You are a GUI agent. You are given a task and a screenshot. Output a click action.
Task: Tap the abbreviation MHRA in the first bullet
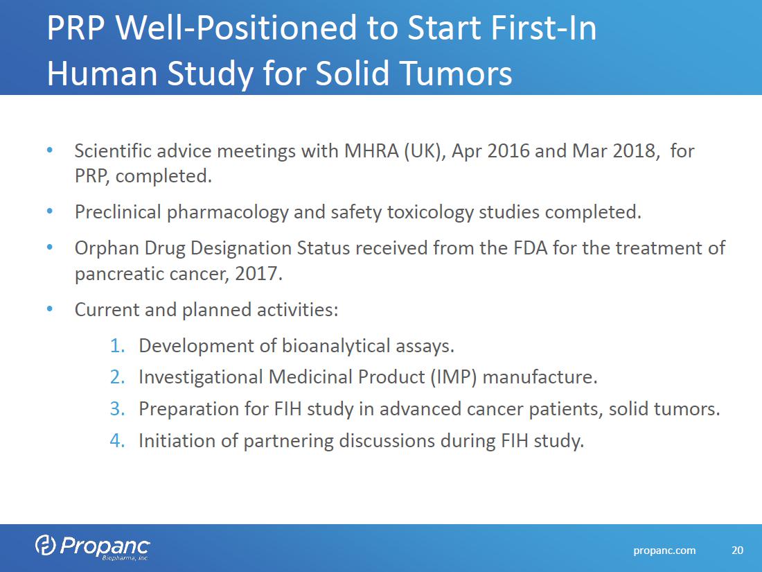click(x=372, y=150)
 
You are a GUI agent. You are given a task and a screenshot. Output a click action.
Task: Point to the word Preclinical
click(x=118, y=212)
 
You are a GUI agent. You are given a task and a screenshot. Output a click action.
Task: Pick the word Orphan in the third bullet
click(x=107, y=248)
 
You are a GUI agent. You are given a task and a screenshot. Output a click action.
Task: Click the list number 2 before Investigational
click(x=117, y=377)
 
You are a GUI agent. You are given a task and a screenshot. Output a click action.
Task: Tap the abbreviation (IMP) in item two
click(x=454, y=377)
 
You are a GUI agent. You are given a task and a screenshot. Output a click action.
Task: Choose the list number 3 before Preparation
click(x=117, y=409)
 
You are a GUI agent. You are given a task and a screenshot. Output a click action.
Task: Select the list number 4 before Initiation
click(x=117, y=441)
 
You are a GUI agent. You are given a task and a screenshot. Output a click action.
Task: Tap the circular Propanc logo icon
click(x=46, y=545)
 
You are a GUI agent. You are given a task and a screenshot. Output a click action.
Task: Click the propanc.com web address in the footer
click(x=664, y=551)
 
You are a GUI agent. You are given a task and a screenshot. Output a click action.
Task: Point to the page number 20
click(x=737, y=550)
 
